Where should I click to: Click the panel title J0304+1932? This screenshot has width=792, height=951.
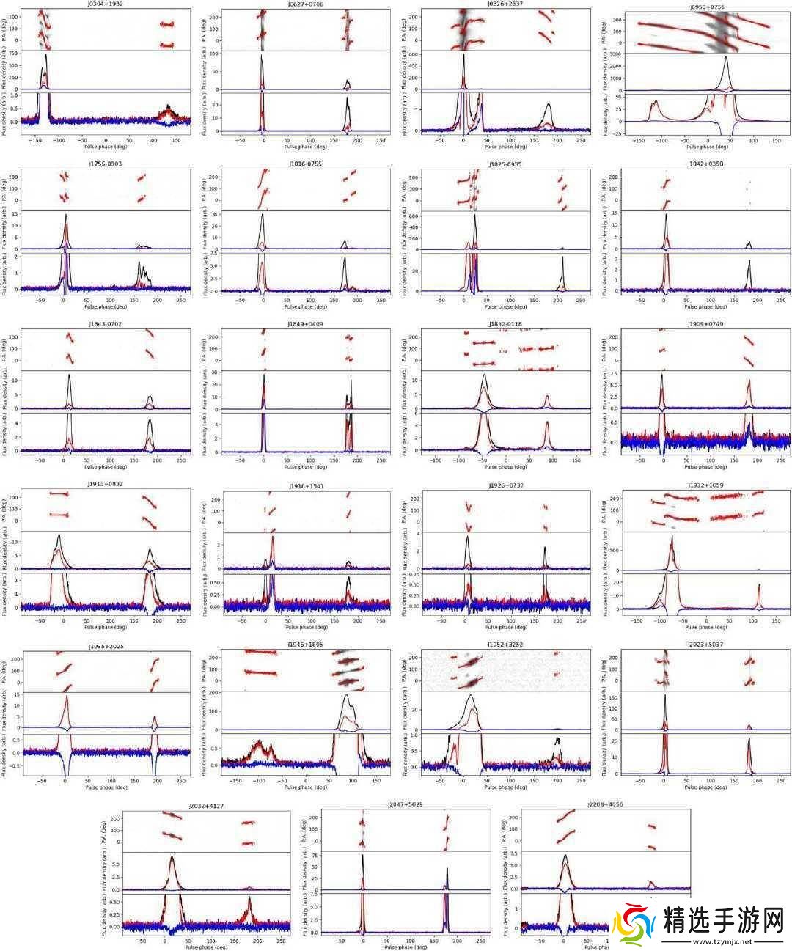point(106,4)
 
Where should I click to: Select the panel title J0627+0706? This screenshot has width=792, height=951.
point(305,4)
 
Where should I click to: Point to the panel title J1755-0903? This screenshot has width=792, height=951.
point(106,164)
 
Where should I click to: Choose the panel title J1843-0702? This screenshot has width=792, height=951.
point(106,324)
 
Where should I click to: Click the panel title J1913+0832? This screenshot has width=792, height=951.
point(106,485)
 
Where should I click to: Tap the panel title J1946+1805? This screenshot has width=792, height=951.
point(305,645)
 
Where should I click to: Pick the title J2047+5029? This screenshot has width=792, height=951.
point(405,804)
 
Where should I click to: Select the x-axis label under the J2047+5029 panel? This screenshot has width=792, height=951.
point(405,947)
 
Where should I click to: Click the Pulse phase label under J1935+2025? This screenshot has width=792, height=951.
point(106,786)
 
